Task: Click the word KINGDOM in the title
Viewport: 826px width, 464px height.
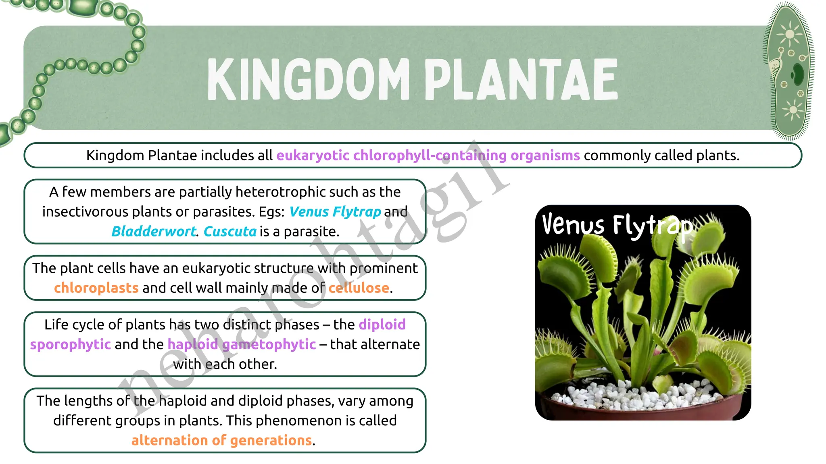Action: [x=309, y=79]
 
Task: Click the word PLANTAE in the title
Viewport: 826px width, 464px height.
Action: [x=520, y=79]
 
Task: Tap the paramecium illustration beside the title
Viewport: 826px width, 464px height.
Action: [x=789, y=72]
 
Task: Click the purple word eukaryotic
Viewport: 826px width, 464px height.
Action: [x=313, y=155]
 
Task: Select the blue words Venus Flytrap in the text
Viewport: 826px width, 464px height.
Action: [x=335, y=212]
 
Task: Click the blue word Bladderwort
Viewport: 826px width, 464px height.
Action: [x=153, y=232]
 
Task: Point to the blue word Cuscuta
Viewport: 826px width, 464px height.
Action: [x=230, y=232]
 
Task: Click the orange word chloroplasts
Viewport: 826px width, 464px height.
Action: [x=96, y=288]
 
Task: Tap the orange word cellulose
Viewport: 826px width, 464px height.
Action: [x=359, y=288]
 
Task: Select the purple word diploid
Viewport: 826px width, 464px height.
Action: [x=382, y=325]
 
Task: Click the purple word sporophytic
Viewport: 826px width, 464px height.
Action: [x=70, y=344]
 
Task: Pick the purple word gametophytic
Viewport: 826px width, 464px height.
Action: [x=269, y=344]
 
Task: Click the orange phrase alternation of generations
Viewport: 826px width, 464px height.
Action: [x=221, y=440]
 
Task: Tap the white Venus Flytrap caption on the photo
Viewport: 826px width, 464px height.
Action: [x=617, y=226]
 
